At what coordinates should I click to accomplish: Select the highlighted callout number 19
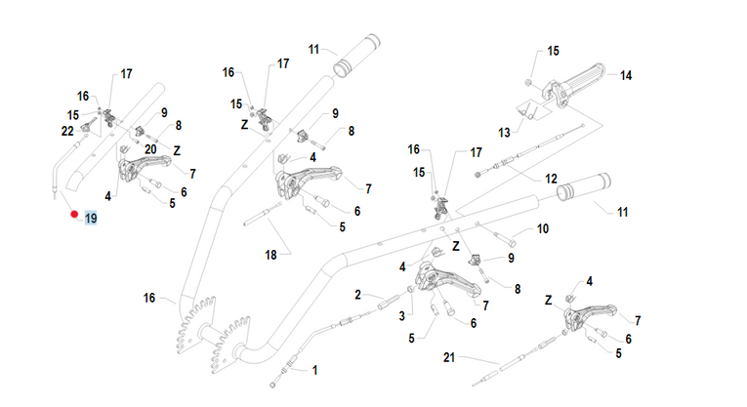pyautogui.click(x=91, y=218)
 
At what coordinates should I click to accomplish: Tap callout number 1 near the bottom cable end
pyautogui.click(x=314, y=370)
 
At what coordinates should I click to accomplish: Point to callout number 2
pyautogui.click(x=358, y=294)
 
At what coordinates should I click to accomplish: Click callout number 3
pyautogui.click(x=400, y=314)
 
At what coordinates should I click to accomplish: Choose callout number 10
pyautogui.click(x=544, y=229)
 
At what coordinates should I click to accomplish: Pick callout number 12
pyautogui.click(x=551, y=179)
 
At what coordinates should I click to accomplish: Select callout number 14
pyautogui.click(x=626, y=74)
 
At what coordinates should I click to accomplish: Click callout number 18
pyautogui.click(x=270, y=255)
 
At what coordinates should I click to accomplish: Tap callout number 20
pyautogui.click(x=150, y=148)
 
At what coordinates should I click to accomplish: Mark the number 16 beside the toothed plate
pyautogui.click(x=149, y=298)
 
